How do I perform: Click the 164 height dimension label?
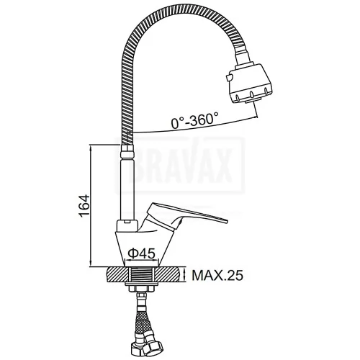pyautogui.click(x=84, y=207)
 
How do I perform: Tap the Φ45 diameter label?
pyautogui.click(x=141, y=253)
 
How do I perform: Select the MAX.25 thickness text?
pyautogui.click(x=217, y=275)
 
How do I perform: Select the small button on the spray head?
pyautogui.click(x=228, y=78)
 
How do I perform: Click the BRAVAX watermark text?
pyautogui.click(x=180, y=165)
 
